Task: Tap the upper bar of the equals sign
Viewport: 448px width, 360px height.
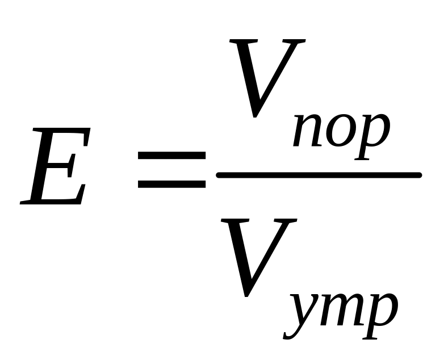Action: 171,155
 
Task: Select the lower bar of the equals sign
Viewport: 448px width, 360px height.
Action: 171,184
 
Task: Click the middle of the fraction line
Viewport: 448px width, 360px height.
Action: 319,175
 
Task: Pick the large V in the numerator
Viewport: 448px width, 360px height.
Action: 267,78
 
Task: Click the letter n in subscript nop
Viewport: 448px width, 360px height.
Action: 308,131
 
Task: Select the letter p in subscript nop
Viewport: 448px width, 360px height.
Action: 371,137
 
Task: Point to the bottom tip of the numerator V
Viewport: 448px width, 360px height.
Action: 255,117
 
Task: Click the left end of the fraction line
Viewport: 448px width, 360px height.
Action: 217,175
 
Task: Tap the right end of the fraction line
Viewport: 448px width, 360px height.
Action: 420,175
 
